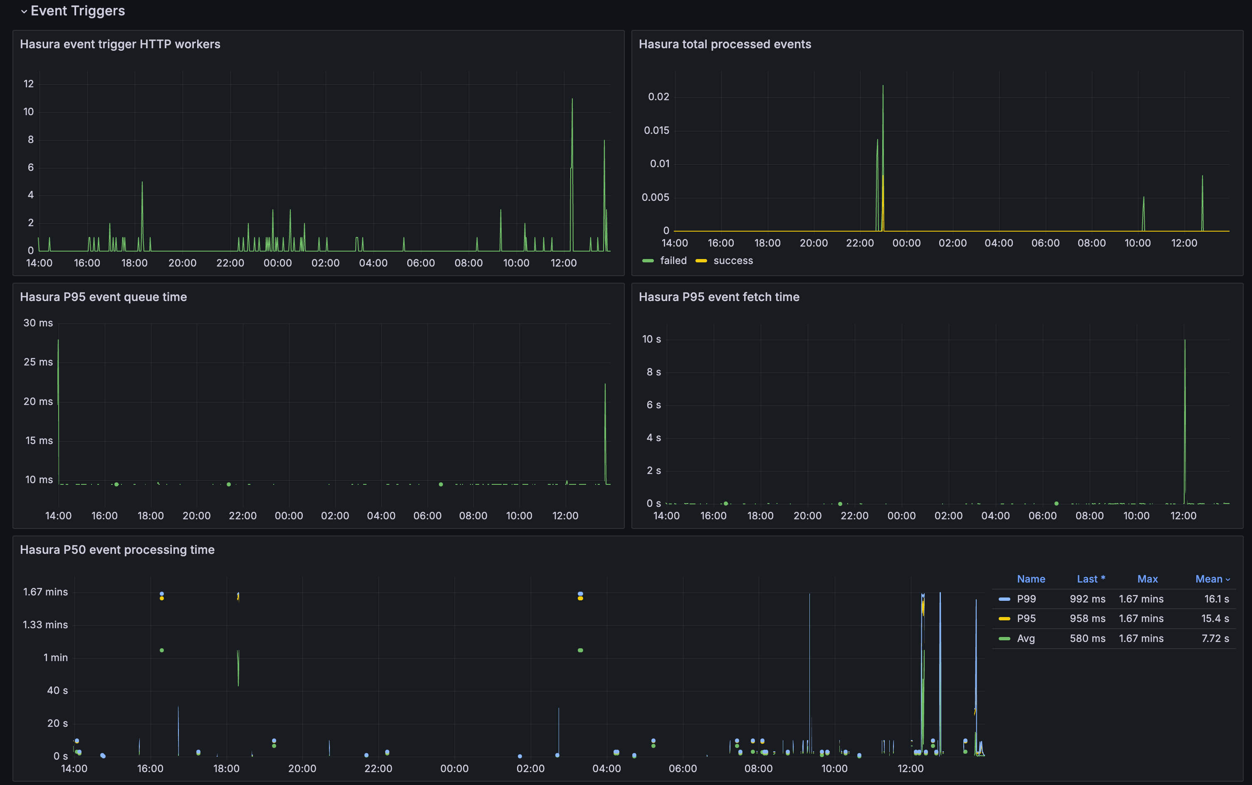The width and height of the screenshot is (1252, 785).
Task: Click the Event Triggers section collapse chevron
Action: point(23,11)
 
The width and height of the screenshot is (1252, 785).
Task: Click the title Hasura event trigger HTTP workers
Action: point(120,44)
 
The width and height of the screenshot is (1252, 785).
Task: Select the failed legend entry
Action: point(673,261)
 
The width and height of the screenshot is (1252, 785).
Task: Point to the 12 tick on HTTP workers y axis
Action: point(29,84)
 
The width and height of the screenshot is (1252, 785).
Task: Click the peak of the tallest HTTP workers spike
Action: point(572,99)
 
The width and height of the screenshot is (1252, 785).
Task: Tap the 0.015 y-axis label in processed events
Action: point(656,130)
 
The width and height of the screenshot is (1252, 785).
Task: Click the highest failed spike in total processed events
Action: point(883,86)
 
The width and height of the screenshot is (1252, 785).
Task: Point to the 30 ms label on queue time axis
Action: point(38,323)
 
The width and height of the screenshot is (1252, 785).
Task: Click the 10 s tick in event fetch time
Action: point(651,339)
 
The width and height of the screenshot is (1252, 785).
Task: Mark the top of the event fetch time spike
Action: point(1185,341)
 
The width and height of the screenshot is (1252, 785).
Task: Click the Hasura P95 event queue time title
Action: point(103,297)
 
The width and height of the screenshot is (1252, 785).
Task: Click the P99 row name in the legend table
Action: point(1026,599)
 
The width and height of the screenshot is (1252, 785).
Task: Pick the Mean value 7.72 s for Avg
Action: point(1215,639)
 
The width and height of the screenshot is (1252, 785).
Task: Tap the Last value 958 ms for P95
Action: point(1087,619)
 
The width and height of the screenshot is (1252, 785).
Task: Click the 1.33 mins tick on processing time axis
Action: point(45,625)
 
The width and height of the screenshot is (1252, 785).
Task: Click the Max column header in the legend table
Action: point(1147,579)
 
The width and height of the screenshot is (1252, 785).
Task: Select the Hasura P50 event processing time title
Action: point(117,550)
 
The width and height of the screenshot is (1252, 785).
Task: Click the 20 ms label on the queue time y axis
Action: point(38,401)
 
